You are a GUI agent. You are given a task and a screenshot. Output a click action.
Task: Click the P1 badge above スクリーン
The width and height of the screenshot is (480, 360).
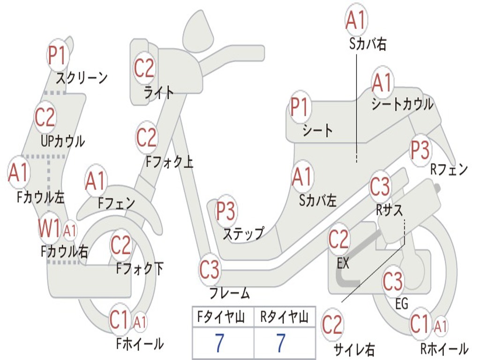click(58, 55)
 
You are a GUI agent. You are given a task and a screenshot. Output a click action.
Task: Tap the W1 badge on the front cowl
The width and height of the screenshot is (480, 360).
click(49, 230)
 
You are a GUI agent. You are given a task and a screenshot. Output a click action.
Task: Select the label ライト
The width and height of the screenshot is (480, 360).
click(159, 92)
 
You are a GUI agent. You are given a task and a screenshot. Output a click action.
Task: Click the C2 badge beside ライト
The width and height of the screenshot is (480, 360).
click(144, 68)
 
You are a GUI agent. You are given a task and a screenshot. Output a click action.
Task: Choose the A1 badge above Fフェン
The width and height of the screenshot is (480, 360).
click(96, 181)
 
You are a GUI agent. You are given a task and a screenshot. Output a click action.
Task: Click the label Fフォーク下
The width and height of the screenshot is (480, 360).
click(140, 269)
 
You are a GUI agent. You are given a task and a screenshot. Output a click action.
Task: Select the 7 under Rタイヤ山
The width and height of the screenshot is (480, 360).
click(280, 343)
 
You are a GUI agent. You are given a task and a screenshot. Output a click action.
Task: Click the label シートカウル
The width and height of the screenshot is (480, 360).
click(402, 104)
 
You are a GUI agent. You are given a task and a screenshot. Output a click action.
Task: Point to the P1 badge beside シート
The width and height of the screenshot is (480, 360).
click(300, 107)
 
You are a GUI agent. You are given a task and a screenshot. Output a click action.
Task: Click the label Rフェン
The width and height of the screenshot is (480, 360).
click(449, 169)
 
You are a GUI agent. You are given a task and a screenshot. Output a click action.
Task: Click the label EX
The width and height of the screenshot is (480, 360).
click(343, 263)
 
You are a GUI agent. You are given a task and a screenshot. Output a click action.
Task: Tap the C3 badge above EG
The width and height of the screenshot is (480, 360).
click(393, 281)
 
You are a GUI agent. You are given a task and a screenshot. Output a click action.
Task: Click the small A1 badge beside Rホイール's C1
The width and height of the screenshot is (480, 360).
click(440, 325)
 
